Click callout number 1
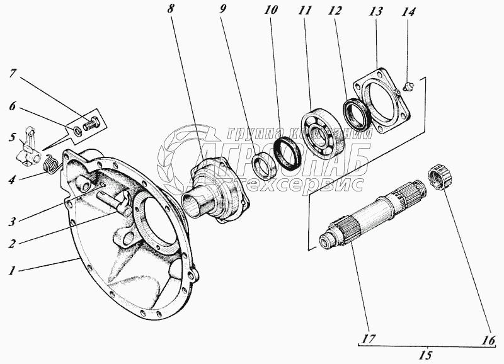pyautogui.click(x=11, y=271)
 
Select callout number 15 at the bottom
pyautogui.click(x=426, y=356)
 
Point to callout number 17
pyautogui.click(x=369, y=338)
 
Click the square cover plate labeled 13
pyautogui.click(x=381, y=105)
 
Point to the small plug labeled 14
pyautogui.click(x=406, y=85)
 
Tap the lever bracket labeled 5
pyautogui.click(x=26, y=149)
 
